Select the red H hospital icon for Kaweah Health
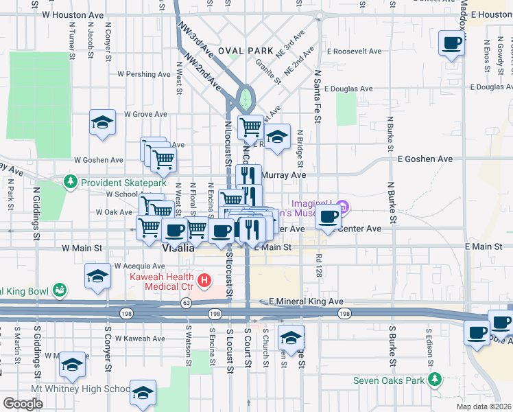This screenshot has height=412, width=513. pyautogui.click(x=203, y=280)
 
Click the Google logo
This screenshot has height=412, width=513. pyautogui.click(x=23, y=404)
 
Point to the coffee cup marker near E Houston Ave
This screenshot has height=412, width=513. pyautogui.click(x=451, y=43)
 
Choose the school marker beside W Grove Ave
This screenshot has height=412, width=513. pyautogui.click(x=102, y=123)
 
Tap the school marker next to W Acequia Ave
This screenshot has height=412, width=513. pyautogui.click(x=97, y=277)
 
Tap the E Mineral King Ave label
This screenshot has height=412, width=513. pyautogui.click(x=305, y=301)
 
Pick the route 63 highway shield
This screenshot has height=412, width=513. pyautogui.click(x=186, y=302)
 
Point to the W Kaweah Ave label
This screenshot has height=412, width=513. pyautogui.click(x=140, y=339)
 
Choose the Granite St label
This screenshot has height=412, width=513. pyautogui.click(x=269, y=71)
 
